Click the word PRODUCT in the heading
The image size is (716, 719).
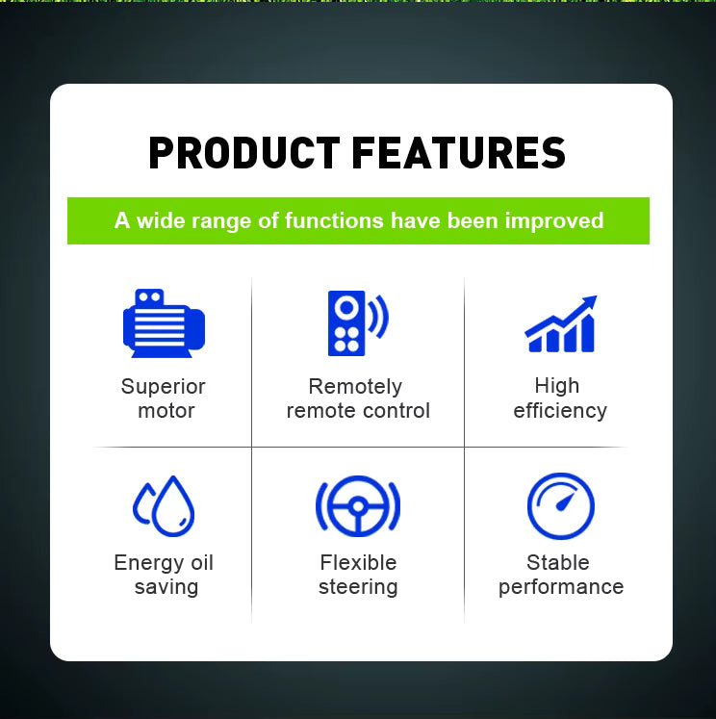coord(243,154)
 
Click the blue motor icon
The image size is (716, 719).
coord(164,323)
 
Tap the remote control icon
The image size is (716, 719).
coord(347,322)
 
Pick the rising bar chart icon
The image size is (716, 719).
coord(560,325)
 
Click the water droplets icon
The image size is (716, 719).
coord(165,505)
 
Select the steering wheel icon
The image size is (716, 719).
coord(358,505)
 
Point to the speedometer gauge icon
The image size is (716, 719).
coord(560,506)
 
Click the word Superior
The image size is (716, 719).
coord(164,387)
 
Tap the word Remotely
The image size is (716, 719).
coord(355,387)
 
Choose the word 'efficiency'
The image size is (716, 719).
coord(560,411)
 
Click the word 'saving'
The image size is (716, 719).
coord(166,587)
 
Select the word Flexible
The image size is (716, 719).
coord(358,563)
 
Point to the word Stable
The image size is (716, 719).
coord(558,563)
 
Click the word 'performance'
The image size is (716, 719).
coord(561,587)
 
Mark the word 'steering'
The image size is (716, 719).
coord(358,587)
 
